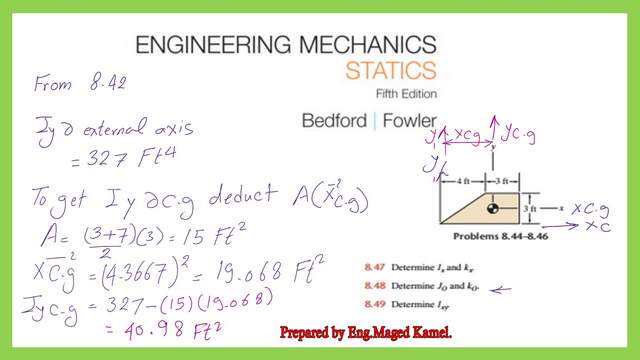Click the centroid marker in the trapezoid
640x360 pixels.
[492, 208]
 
